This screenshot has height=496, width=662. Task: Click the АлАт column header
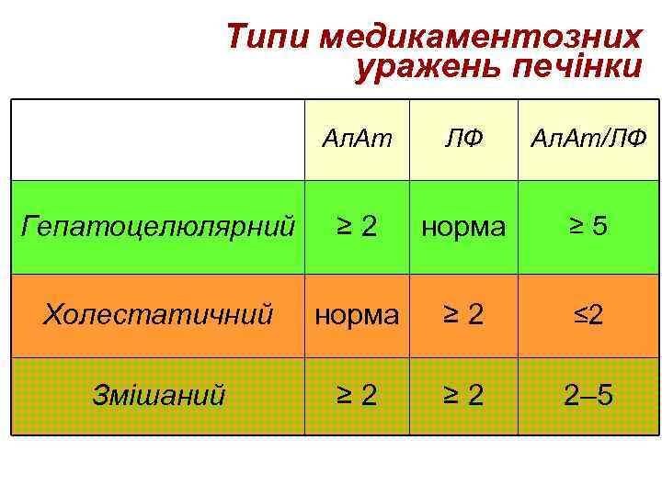coord(357,139)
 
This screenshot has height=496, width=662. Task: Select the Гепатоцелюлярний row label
coord(158,225)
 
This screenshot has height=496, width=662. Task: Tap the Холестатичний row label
coord(158,315)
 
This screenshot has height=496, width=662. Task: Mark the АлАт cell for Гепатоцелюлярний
coord(357,226)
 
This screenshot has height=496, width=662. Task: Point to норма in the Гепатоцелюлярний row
coord(463,226)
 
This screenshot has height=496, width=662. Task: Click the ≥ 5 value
coord(588,225)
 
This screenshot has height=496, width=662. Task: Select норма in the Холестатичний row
coord(357,315)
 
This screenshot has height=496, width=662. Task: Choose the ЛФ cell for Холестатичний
coord(463,315)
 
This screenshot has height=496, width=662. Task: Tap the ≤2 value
coord(588,315)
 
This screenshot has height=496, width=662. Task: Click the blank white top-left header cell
coord(158,139)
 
